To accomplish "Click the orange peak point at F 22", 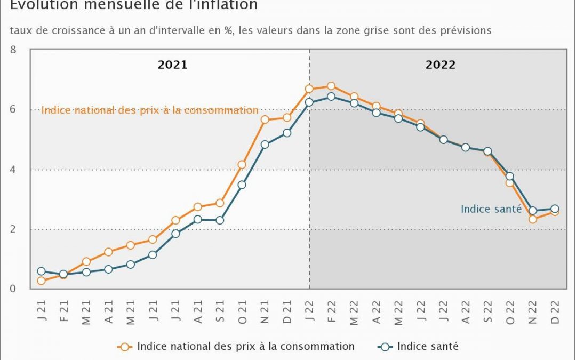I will [331, 86].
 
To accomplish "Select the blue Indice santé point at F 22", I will [331, 97].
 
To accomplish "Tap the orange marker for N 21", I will [265, 119].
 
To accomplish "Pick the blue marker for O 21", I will [242, 185].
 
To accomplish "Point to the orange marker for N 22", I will [532, 219].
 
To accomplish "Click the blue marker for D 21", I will [287, 133].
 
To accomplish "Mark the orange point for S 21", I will [220, 203].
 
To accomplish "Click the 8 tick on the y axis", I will [13, 50].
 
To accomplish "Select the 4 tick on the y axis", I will [13, 170].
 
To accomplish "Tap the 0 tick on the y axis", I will [13, 289].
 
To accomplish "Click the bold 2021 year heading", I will [172, 65].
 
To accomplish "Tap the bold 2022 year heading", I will [441, 65].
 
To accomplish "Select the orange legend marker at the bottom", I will [125, 347].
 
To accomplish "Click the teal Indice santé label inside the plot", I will [491, 209].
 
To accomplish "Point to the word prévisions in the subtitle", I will [464, 30].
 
